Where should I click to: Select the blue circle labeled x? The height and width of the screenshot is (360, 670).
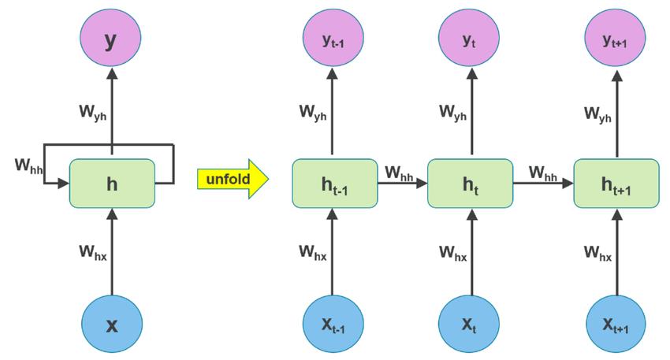click(x=111, y=325)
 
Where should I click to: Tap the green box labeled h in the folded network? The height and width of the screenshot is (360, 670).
click(x=112, y=184)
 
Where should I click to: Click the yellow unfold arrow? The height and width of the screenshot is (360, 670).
click(x=233, y=180)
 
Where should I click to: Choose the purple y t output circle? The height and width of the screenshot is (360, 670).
click(x=471, y=39)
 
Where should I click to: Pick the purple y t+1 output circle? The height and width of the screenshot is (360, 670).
click(x=615, y=39)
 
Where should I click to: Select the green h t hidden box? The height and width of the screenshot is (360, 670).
click(x=471, y=184)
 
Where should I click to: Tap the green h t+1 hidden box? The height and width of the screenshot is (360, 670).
click(x=616, y=184)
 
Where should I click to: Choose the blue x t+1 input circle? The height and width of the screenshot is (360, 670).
click(x=615, y=325)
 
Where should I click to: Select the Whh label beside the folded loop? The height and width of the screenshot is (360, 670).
click(x=31, y=165)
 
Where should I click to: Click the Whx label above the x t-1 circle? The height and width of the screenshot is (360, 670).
click(x=313, y=252)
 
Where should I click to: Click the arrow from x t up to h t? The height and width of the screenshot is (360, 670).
click(x=471, y=252)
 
